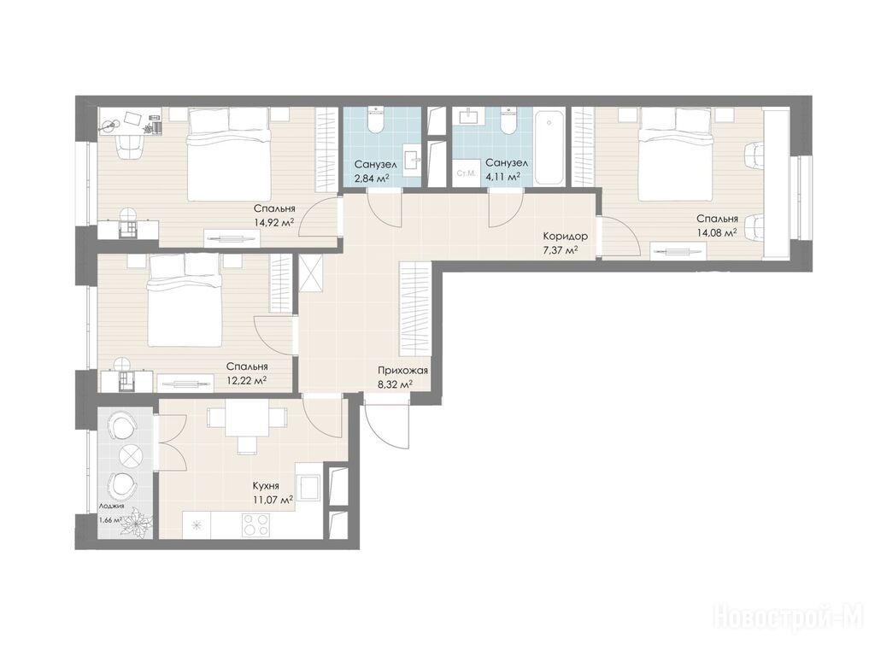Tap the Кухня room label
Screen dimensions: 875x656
(x=266, y=486)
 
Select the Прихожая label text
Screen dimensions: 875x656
(x=402, y=371)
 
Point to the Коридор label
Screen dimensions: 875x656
(x=565, y=237)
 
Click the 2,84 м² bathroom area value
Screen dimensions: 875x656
(x=372, y=179)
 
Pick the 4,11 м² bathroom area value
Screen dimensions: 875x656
(x=502, y=176)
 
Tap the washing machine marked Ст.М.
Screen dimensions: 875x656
(x=466, y=173)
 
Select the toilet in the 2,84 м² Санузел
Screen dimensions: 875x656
(x=375, y=119)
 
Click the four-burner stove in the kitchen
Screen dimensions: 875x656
(x=255, y=525)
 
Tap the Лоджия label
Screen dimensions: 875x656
(x=112, y=507)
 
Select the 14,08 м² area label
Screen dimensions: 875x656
(x=717, y=233)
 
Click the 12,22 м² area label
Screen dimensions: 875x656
(x=246, y=380)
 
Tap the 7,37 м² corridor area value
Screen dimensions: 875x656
(x=561, y=250)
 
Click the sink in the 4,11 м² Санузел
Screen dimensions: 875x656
(x=468, y=115)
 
